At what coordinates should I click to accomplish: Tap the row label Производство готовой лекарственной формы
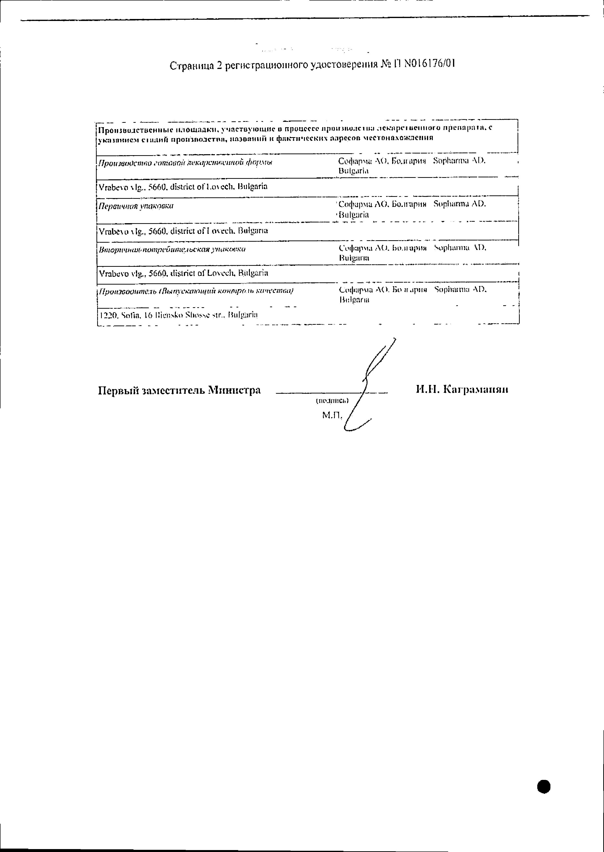tap(185, 163)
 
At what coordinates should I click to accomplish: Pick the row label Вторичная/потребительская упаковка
tap(172, 249)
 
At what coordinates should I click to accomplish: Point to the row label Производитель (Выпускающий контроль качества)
tap(196, 291)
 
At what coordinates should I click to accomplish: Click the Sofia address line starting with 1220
tap(179, 315)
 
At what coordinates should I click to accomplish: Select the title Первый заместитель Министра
tap(179, 390)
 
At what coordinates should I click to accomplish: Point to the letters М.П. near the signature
tap(332, 415)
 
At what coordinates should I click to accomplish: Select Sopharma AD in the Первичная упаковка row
tap(460, 204)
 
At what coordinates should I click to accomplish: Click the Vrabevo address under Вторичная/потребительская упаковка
tap(183, 273)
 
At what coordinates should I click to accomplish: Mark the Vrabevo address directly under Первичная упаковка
tap(183, 231)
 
